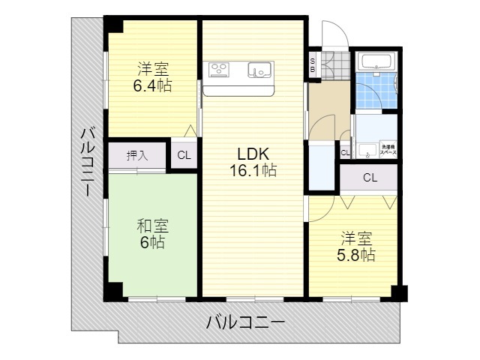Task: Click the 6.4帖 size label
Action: coord(152,85)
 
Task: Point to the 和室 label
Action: coord(152,225)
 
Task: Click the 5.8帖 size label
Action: coord(355,255)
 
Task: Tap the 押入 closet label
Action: coord(137,156)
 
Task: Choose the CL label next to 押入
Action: coord(184,156)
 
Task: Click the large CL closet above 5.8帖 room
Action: coord(369,178)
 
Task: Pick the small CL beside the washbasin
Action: coord(345,153)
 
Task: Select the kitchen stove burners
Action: coord(220,70)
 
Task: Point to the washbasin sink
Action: coord(367,150)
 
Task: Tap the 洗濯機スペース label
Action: coord(388,148)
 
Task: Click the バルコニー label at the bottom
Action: coord(245,324)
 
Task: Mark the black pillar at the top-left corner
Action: coord(113,24)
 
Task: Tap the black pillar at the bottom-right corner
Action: coord(397,293)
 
